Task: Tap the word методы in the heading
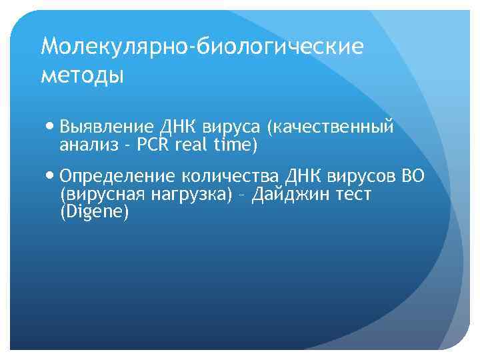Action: tap(83, 75)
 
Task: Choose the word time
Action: tap(233, 144)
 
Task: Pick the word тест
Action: tap(353, 195)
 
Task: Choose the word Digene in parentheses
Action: tap(93, 212)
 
